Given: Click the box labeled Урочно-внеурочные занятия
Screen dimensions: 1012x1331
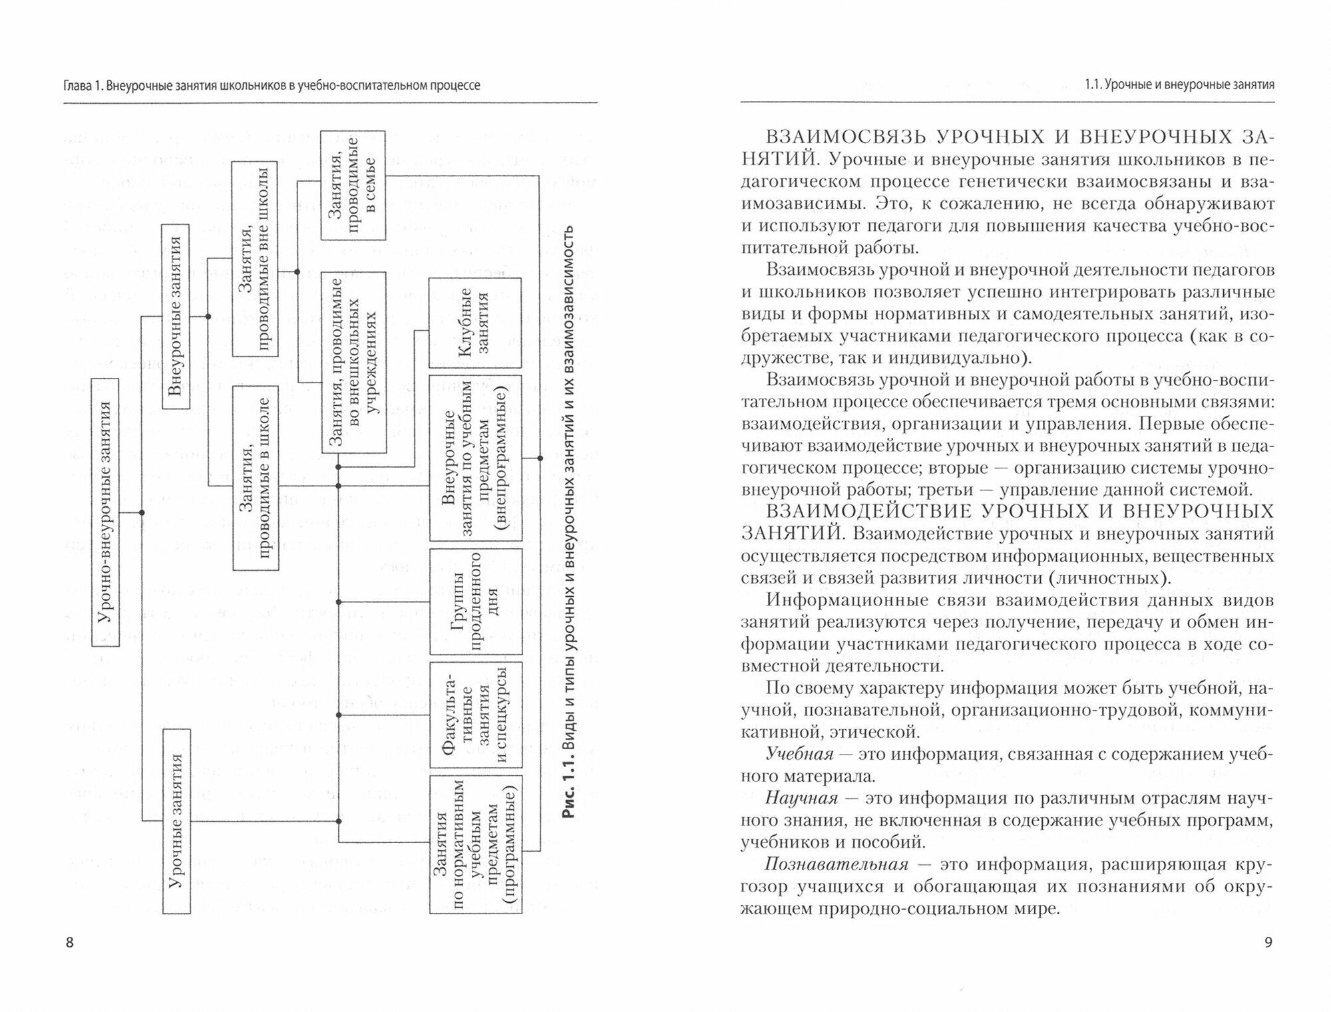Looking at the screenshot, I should tap(105, 512).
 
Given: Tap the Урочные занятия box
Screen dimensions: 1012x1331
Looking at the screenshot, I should tap(176, 821).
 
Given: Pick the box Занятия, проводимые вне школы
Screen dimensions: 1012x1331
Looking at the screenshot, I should tap(255, 258).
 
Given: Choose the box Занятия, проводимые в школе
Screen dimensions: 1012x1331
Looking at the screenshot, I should tap(255, 478).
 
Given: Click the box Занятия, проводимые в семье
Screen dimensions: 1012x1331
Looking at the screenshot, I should tap(353, 186).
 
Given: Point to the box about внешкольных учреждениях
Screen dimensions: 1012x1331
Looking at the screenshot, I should tap(353, 362).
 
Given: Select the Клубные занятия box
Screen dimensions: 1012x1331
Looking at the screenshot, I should tap(475, 323).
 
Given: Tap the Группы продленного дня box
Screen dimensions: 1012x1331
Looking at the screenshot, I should tap(475, 602).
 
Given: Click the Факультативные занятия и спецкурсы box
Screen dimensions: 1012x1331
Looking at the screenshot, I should tap(475, 715).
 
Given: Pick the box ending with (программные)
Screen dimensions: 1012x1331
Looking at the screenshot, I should tap(475, 844).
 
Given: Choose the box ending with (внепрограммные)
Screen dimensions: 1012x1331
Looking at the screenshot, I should tap(475, 458).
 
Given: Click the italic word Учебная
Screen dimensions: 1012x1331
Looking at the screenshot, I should tap(799, 755).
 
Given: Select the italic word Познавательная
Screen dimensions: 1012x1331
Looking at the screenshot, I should tap(837, 865).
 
